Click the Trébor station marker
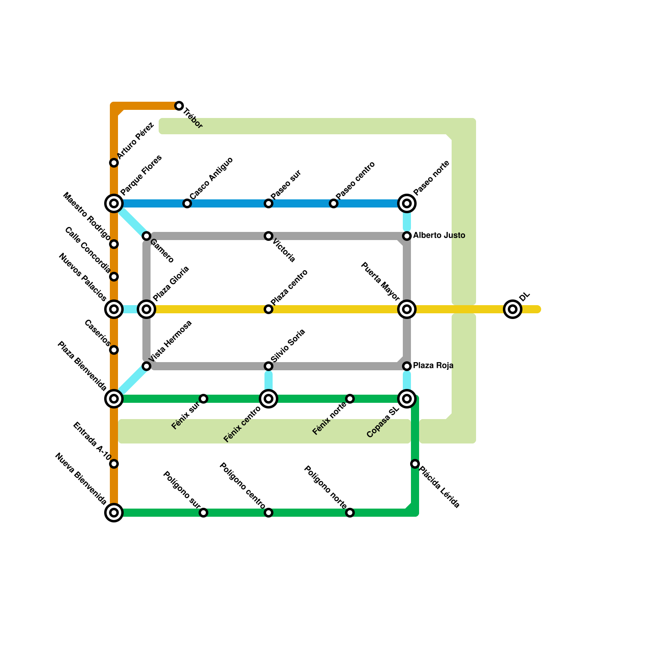coord(179,106)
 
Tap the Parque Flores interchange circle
coord(114,203)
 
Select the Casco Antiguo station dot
coord(187,203)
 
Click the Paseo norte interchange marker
coord(407,203)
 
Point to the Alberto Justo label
coord(439,236)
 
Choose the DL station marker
coord(513,309)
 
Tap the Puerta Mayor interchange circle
coord(407,309)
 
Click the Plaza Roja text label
coord(433,366)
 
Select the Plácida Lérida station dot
coord(415,464)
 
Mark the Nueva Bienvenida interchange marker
coord(114,513)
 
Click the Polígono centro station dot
coord(269,513)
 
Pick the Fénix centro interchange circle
coord(269,399)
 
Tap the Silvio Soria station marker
coord(269,366)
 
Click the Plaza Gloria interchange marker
coord(146,309)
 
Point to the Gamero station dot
coord(146,236)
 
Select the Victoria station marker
coord(269,236)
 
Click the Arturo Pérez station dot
coord(114,163)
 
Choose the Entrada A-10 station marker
coord(114,464)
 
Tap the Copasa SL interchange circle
coord(407,399)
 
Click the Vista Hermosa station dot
coord(146,366)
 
